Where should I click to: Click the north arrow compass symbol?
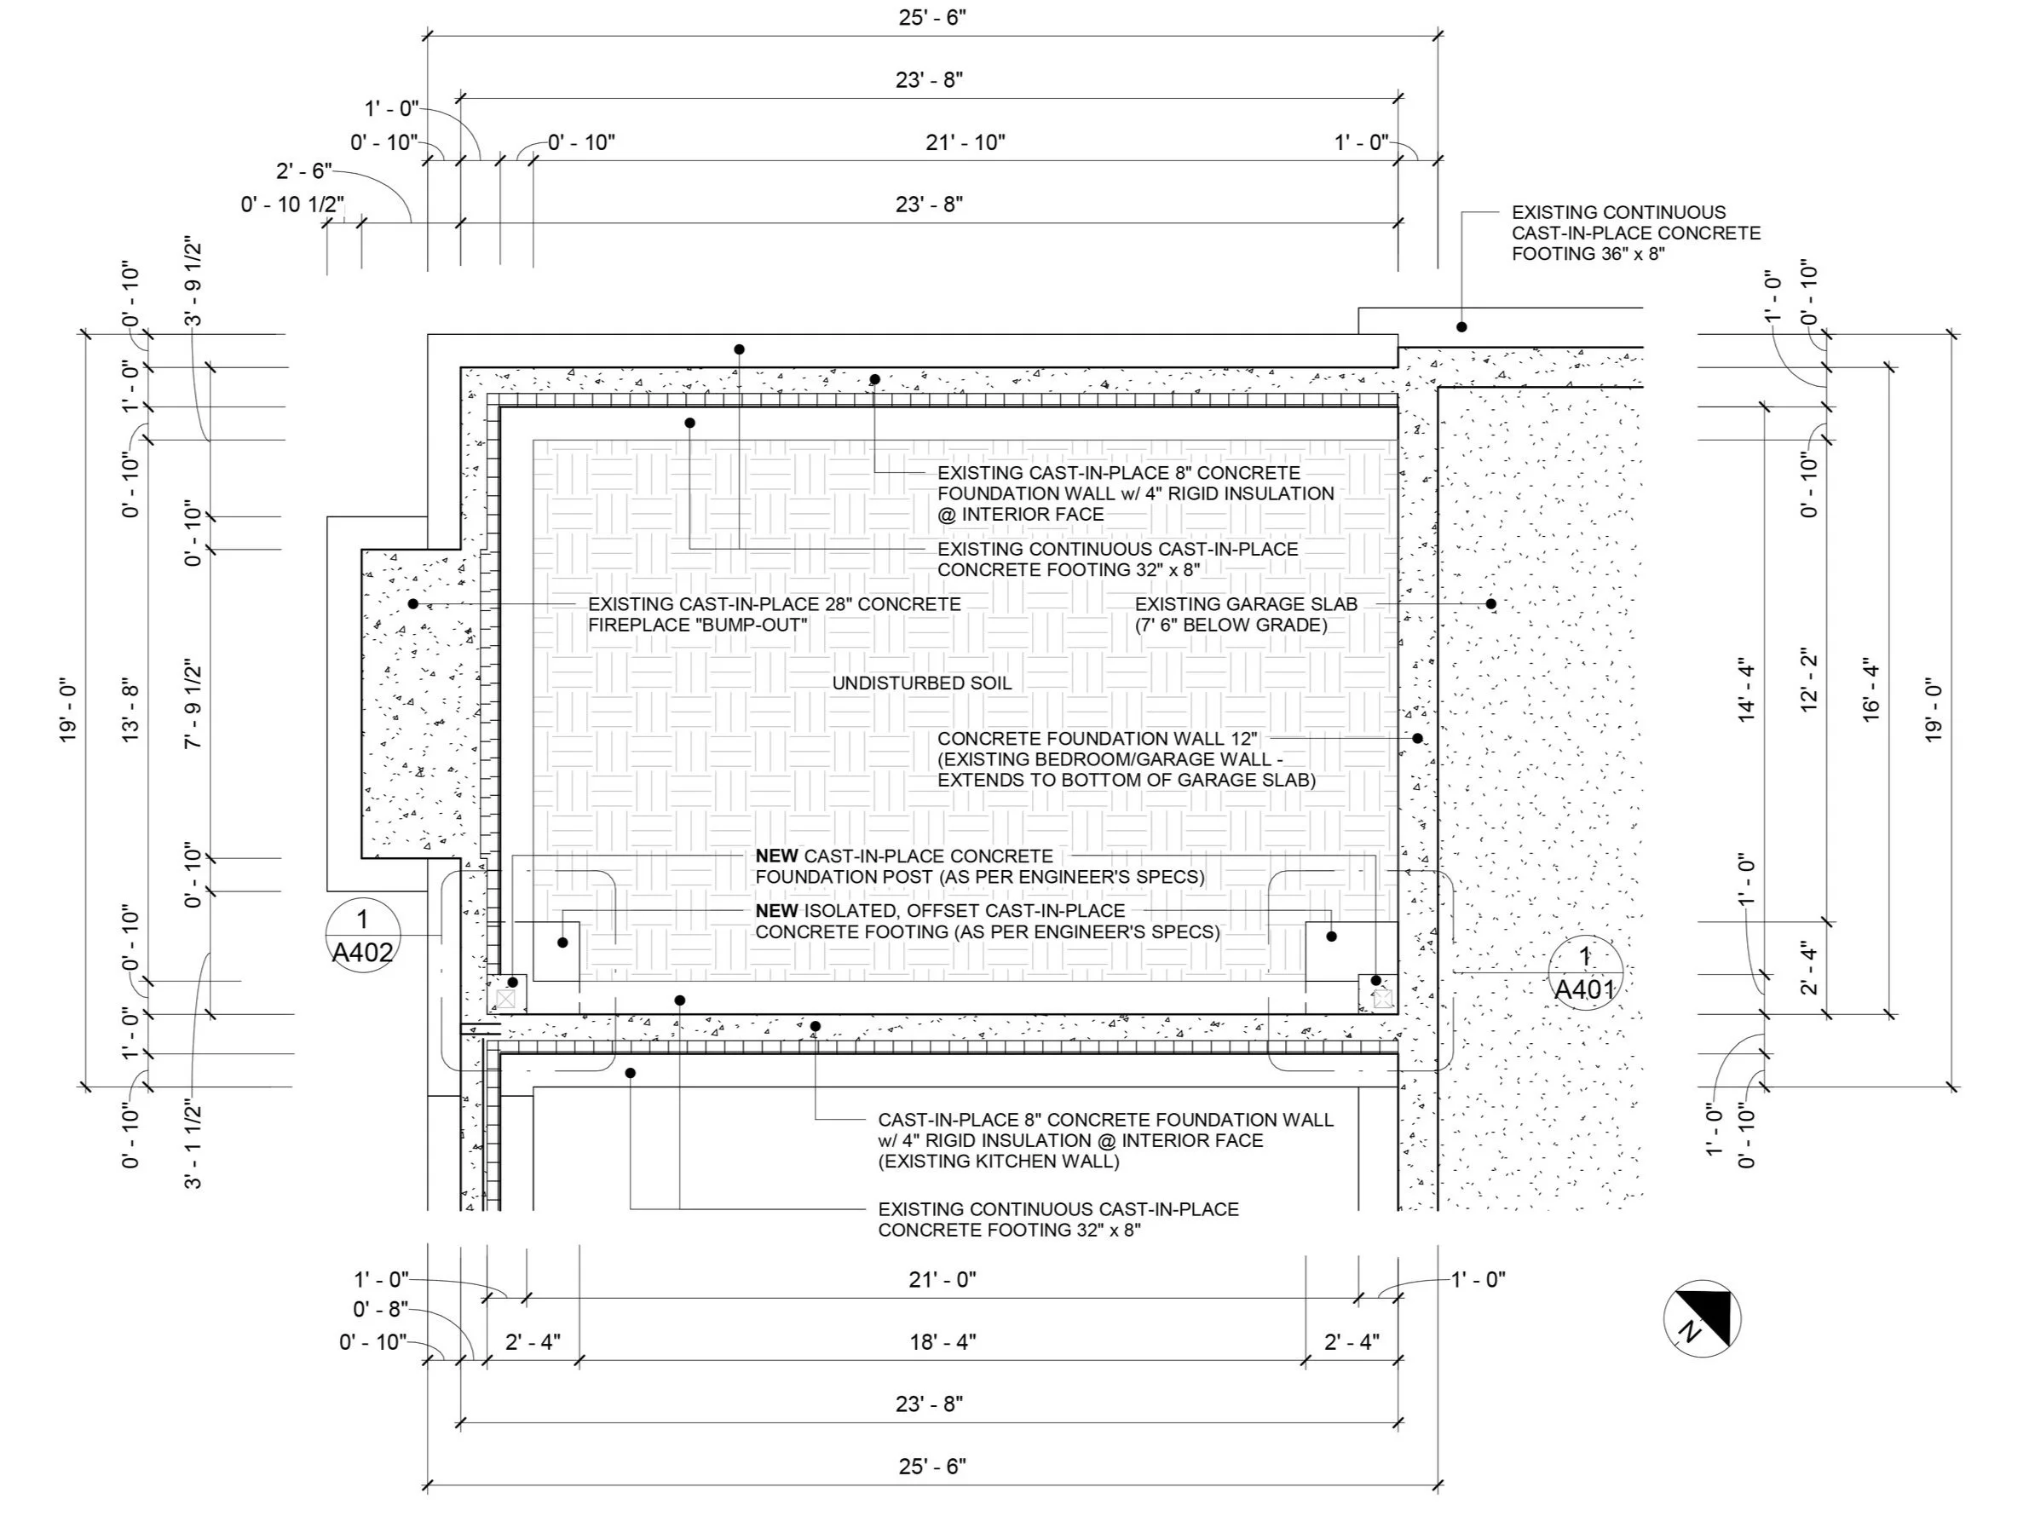point(1702,1317)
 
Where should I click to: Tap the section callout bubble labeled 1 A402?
point(362,935)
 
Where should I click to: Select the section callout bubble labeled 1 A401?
point(1585,972)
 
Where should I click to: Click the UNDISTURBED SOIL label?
point(922,683)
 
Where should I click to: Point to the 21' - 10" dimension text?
point(965,142)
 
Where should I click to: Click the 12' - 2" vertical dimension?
point(1809,681)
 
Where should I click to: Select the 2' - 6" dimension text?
point(303,171)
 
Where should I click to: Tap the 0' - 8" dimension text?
point(380,1310)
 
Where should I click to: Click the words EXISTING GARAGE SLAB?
point(1246,604)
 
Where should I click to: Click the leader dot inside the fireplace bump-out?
point(412,603)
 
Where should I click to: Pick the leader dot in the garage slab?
point(1490,603)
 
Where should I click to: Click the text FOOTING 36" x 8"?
point(1588,254)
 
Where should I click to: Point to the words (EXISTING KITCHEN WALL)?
point(999,1162)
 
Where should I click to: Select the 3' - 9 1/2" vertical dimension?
point(193,282)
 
